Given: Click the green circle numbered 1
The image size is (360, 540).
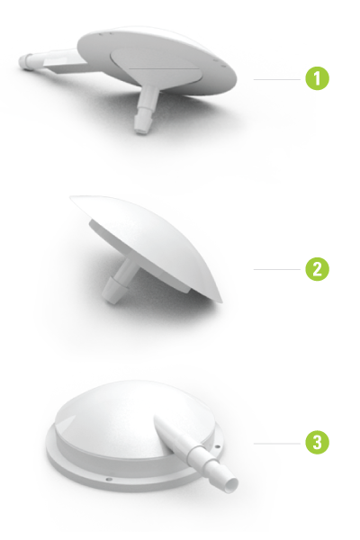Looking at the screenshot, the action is click(317, 78).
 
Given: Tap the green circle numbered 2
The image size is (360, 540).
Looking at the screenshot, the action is click(317, 269).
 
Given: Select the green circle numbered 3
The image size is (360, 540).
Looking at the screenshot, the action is click(317, 443).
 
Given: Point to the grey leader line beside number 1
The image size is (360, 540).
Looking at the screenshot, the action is click(277, 79).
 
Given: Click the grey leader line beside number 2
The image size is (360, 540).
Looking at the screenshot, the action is click(277, 269).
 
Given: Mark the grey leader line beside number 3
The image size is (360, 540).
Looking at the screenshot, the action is click(277, 444).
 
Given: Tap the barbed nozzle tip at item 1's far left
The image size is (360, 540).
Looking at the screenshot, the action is click(23, 62).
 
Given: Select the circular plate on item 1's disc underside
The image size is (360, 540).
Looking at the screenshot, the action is click(156, 67).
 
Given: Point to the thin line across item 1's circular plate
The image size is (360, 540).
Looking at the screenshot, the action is click(164, 68).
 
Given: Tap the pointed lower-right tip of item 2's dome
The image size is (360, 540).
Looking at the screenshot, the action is click(220, 301).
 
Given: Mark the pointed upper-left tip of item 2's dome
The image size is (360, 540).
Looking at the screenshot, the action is click(72, 198).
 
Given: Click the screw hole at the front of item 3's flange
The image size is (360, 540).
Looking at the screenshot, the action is click(109, 479).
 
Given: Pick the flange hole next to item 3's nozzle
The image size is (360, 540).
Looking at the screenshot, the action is click(218, 446).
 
